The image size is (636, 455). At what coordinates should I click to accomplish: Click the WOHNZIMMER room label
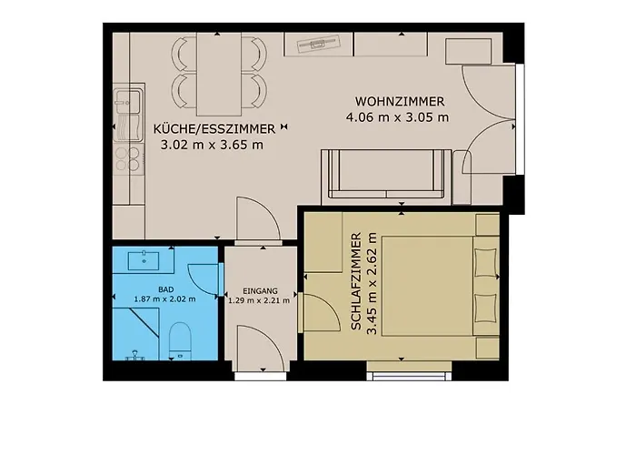click(400, 101)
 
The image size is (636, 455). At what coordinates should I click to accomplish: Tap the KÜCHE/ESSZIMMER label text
click(214, 129)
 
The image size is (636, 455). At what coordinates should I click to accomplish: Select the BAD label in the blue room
click(166, 289)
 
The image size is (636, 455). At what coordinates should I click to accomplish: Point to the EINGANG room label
click(260, 291)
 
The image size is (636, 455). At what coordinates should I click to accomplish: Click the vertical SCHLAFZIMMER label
click(355, 281)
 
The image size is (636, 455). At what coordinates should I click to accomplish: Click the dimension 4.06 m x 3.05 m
click(398, 117)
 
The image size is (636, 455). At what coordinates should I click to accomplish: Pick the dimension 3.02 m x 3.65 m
click(212, 145)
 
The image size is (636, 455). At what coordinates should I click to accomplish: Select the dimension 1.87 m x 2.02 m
click(164, 299)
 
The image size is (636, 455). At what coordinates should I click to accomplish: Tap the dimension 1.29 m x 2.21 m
click(259, 300)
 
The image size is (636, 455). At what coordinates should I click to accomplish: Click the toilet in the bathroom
click(180, 341)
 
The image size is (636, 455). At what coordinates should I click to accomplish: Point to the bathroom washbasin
click(144, 261)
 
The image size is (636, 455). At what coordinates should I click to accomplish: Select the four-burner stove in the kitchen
click(128, 158)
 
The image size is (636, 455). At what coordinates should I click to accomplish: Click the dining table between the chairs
click(219, 75)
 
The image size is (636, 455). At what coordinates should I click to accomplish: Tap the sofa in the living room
click(386, 175)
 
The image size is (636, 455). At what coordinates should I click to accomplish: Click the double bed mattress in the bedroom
click(427, 287)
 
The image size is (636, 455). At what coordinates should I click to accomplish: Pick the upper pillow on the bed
click(486, 263)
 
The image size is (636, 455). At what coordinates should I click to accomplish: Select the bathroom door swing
click(202, 279)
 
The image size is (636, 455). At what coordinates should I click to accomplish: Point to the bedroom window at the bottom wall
click(409, 375)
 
